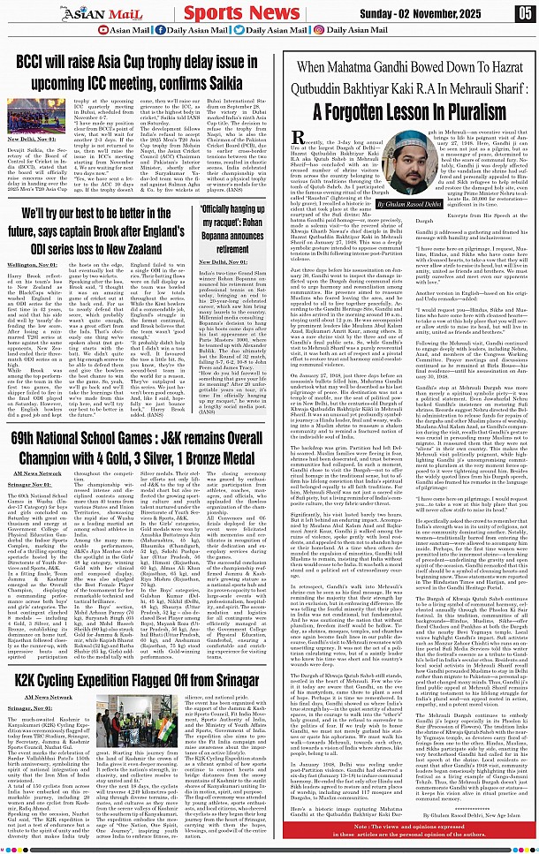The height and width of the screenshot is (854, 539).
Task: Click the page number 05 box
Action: tap(524, 13)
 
